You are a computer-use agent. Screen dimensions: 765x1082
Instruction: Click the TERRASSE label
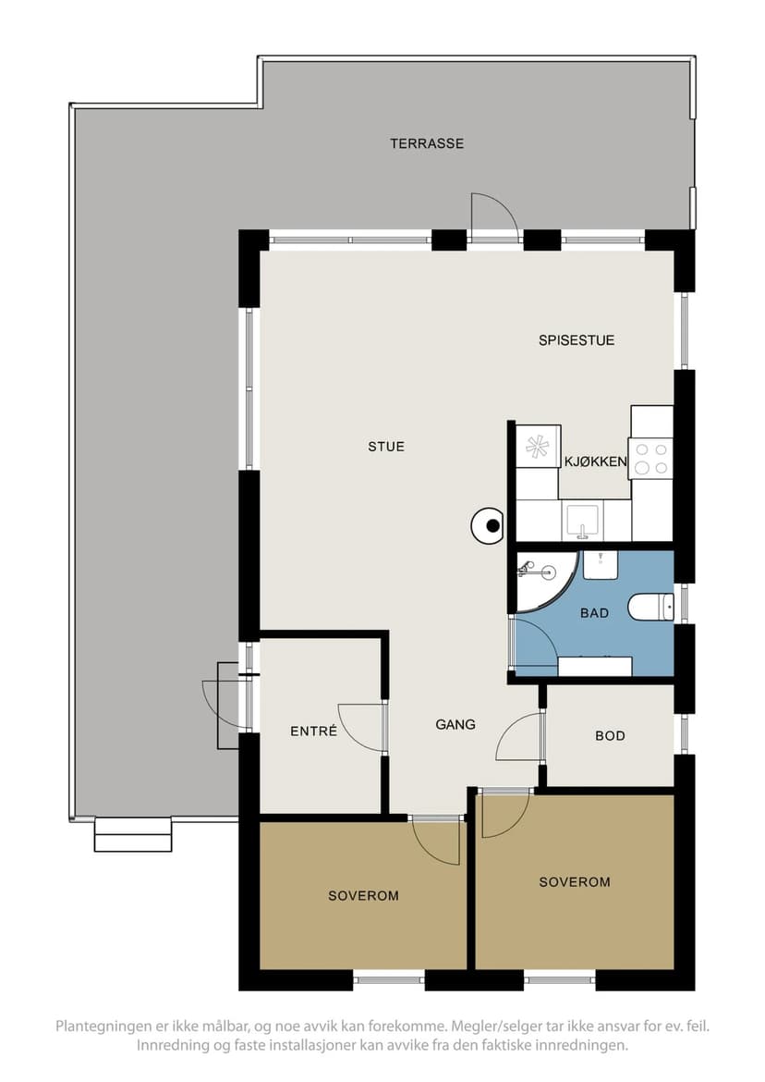click(427, 143)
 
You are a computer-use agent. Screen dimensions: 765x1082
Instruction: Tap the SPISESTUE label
click(577, 340)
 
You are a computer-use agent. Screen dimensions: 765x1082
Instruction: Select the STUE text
click(386, 447)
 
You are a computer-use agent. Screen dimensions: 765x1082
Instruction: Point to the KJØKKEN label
click(595, 461)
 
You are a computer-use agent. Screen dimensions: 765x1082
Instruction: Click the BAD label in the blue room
click(594, 612)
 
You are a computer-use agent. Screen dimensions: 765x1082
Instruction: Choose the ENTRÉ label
click(313, 731)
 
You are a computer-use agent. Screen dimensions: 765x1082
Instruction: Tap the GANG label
click(455, 724)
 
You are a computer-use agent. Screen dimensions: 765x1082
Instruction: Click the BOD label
click(610, 735)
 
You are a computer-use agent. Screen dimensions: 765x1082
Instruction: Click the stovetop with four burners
click(650, 458)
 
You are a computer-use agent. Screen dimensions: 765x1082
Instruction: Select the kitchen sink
click(583, 521)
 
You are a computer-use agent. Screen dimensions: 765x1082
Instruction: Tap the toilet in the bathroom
click(650, 607)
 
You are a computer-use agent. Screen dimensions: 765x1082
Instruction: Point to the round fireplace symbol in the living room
click(489, 526)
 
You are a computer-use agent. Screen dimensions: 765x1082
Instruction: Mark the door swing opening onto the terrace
click(494, 216)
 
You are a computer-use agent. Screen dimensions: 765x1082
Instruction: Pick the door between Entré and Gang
click(362, 727)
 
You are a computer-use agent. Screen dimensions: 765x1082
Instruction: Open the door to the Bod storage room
click(519, 736)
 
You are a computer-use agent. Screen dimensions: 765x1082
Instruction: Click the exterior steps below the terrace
click(132, 834)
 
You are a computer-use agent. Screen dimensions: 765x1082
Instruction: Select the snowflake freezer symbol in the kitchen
click(538, 447)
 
